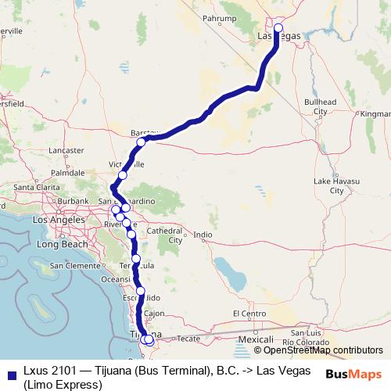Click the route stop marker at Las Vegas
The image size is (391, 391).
pos(278,29)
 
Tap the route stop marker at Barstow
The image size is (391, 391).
pos(142,142)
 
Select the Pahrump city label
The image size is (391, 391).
pos(219,17)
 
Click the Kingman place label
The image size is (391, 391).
pos(375,113)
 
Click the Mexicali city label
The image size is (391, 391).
pos(255,340)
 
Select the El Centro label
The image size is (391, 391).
pos(250,314)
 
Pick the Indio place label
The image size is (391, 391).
pos(203,235)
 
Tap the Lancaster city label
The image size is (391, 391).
pos(66,149)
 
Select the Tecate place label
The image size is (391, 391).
pos(189,340)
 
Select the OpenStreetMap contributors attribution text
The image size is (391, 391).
pos(318,350)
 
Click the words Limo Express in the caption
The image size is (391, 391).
pos(63,385)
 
